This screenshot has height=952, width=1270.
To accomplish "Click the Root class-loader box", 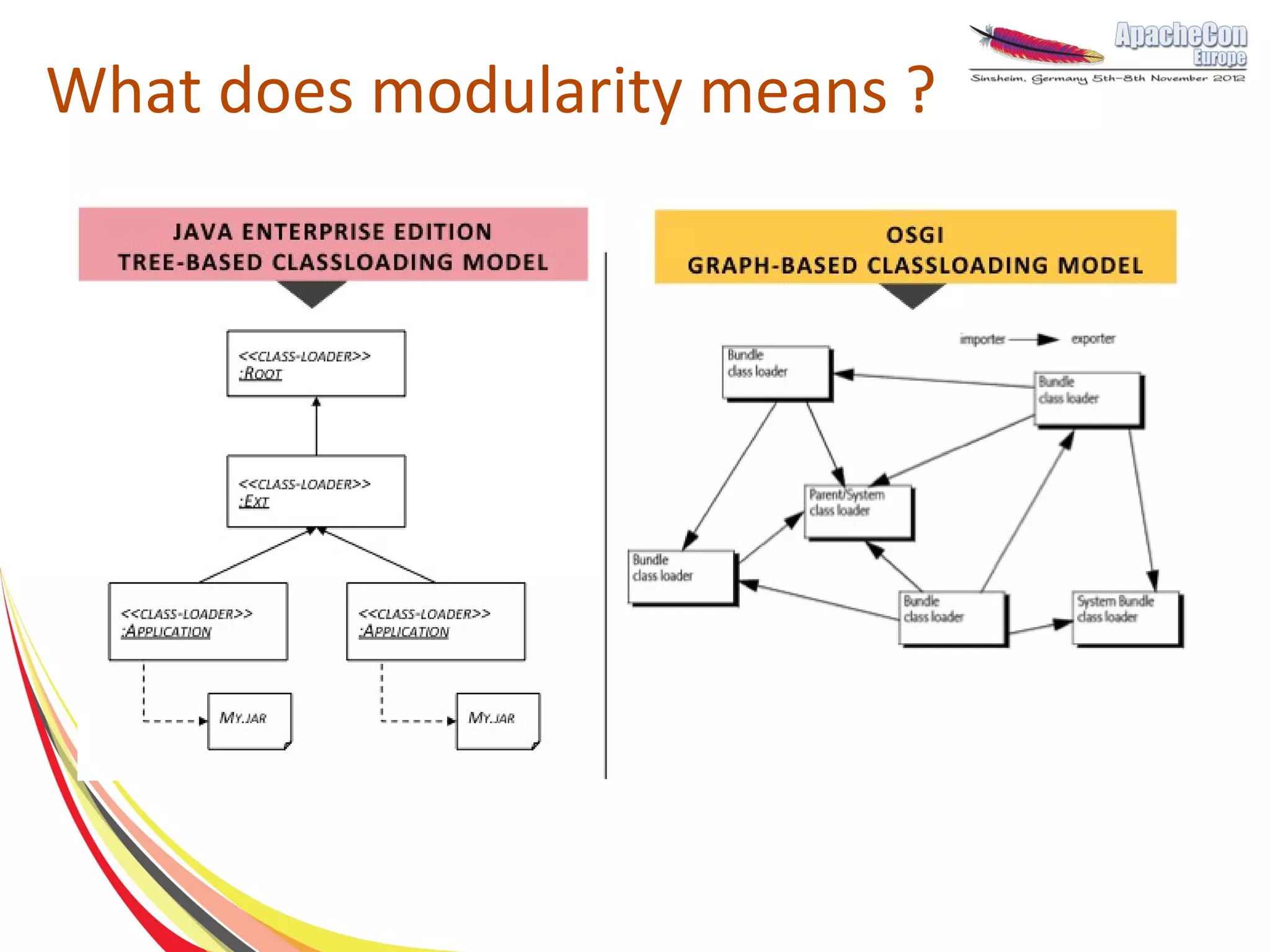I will [316, 363].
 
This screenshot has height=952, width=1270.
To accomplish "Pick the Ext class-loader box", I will [316, 491].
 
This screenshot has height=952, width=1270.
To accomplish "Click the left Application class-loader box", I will [198, 621].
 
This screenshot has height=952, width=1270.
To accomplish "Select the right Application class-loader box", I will [435, 621].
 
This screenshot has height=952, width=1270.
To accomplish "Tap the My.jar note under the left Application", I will [249, 721].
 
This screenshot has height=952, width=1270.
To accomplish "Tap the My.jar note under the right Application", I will [498, 721].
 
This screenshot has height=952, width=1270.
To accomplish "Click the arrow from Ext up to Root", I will [316, 428].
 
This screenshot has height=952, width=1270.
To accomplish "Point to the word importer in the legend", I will [982, 339].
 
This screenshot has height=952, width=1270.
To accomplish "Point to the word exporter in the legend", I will [1093, 339].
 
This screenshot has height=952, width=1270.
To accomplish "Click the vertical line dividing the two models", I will [606, 515].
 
